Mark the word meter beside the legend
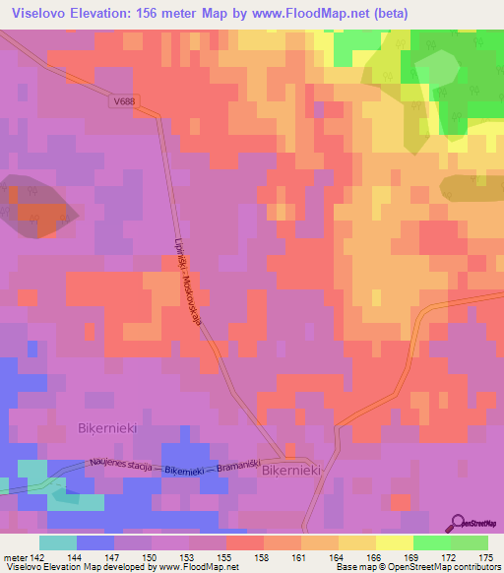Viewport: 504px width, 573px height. pyautogui.click(x=15, y=556)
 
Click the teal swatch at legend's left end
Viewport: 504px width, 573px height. pyautogui.click(x=58, y=542)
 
